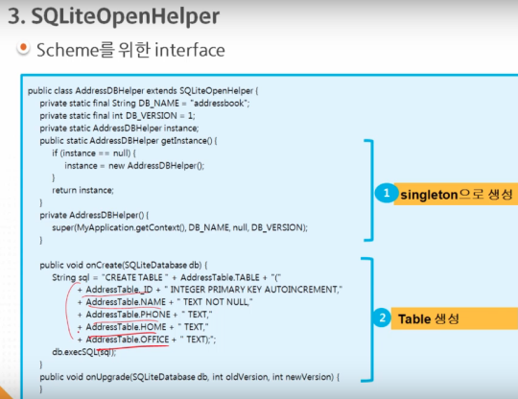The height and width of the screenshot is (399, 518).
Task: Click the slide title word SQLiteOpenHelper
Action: click(126, 16)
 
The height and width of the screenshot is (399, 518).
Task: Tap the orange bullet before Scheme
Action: click(23, 48)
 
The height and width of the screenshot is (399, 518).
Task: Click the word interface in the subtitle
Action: click(190, 50)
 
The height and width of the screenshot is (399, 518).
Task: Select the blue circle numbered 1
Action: click(387, 193)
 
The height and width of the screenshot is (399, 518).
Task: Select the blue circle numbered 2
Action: click(382, 317)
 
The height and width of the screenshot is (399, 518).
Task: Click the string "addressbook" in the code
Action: click(219, 103)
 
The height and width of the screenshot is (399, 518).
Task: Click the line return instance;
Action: click(82, 190)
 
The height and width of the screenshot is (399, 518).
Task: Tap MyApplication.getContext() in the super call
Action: click(130, 227)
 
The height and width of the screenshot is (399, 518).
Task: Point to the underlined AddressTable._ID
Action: click(119, 290)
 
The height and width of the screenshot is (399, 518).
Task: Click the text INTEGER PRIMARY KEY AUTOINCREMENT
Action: click(253, 290)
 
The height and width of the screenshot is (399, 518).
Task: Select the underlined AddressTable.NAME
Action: click(126, 302)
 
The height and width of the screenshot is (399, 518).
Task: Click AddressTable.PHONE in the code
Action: click(129, 315)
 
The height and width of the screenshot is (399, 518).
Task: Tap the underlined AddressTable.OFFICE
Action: click(128, 340)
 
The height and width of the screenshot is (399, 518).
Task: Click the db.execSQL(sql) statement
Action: click(83, 352)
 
